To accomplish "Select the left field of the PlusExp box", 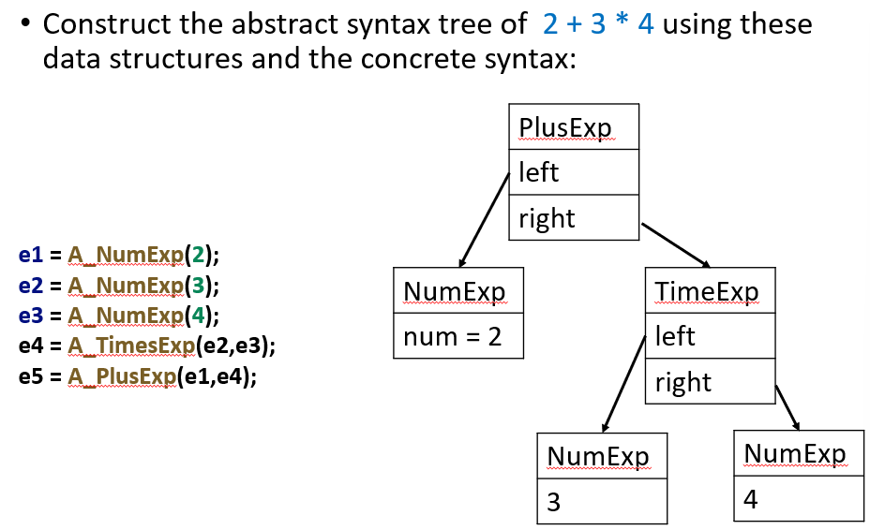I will click(573, 172).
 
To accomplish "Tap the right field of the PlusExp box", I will click(573, 218).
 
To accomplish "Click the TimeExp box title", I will click(710, 291).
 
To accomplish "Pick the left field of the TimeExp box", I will click(710, 336).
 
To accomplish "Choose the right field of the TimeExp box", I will click(710, 382).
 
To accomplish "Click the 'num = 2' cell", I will click(457, 336).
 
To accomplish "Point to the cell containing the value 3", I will click(602, 503).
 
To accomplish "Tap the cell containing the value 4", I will click(799, 499).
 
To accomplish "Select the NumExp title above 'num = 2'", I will click(457, 291).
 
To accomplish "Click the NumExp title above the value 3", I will click(602, 456).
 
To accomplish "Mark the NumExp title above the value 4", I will click(799, 453).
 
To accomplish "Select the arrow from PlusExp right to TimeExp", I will click(676, 244).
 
